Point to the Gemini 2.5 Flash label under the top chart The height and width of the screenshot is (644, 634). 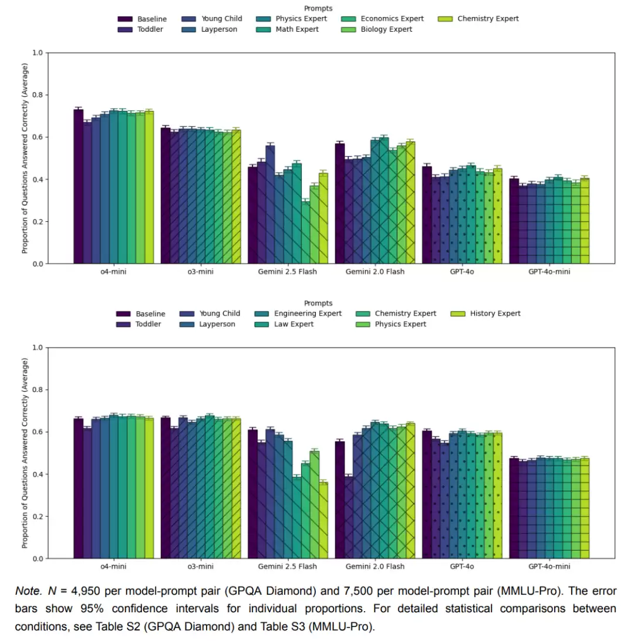[x=287, y=272]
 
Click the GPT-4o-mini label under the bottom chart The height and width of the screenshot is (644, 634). [x=549, y=567]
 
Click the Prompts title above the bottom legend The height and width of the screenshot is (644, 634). [x=318, y=303]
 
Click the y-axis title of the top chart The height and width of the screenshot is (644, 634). [x=25, y=159]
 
